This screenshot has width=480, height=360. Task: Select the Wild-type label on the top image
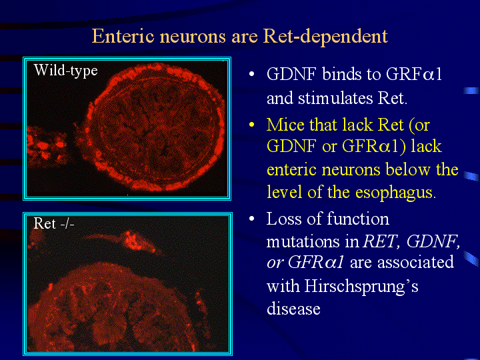click(x=66, y=71)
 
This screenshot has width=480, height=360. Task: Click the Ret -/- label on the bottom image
click(x=54, y=223)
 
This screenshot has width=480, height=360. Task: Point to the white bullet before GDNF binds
click(x=251, y=74)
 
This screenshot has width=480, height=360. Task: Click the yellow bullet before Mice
click(x=251, y=125)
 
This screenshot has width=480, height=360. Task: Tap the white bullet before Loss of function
click(x=251, y=219)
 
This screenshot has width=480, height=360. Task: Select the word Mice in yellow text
click(x=285, y=125)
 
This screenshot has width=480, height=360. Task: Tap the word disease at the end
click(x=293, y=308)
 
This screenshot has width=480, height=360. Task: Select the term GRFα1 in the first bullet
click(x=413, y=74)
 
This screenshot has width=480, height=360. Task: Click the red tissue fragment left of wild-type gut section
click(x=47, y=147)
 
